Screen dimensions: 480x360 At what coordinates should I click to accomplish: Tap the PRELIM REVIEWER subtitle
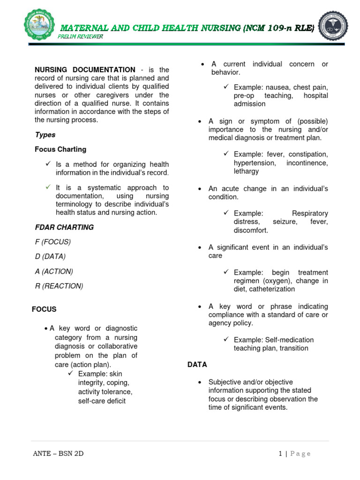pos(81,37)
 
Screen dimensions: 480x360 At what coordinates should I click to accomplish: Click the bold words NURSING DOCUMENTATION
pos(85,70)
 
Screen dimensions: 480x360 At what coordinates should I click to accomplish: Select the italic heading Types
pos(45,135)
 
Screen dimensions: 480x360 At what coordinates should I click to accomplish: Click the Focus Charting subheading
pos(60,150)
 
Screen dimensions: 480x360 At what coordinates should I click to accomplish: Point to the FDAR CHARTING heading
pos(64,227)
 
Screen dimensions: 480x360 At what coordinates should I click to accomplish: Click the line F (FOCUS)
pos(52,242)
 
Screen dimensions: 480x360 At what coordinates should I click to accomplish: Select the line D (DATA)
pos(50,256)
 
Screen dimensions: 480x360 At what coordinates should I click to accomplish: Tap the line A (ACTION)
pos(54,271)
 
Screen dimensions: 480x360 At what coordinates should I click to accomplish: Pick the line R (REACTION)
pos(59,286)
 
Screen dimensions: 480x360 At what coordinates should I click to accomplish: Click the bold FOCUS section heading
pos(44,309)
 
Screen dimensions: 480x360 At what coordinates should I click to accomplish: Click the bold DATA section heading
pos(197,364)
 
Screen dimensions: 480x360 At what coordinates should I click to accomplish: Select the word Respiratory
pos(310,213)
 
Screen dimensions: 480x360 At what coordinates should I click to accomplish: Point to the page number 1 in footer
pos(280,453)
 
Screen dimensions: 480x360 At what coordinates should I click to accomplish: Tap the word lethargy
pos(246,172)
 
